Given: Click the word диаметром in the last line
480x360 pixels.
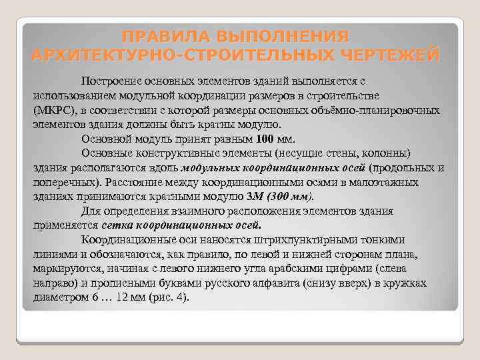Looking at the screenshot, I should pos(59,298).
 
